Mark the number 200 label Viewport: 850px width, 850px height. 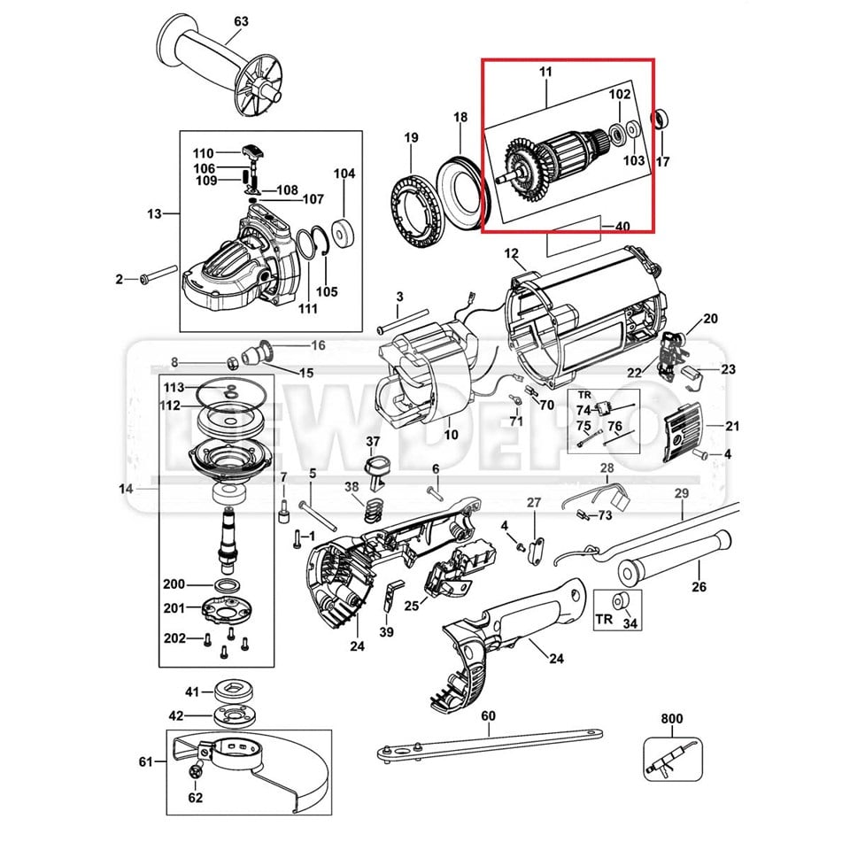(174, 584)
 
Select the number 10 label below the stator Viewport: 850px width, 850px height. (451, 435)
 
